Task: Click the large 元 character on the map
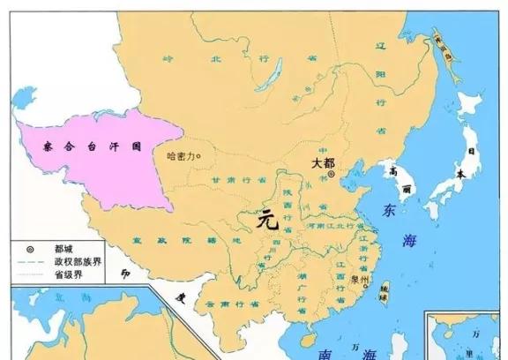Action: (269, 221)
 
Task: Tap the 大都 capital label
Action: (323, 163)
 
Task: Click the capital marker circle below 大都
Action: (331, 176)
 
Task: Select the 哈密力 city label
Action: (180, 157)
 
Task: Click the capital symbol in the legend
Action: (30, 250)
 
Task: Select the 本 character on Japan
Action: (460, 173)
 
